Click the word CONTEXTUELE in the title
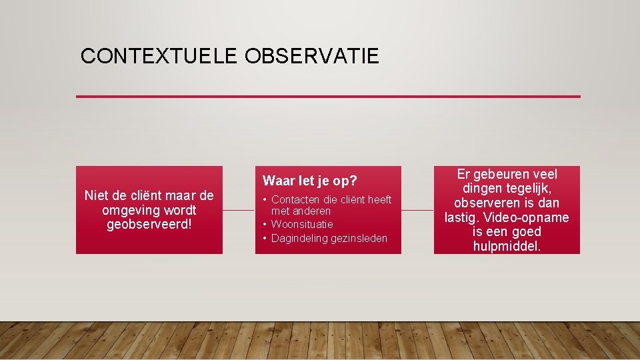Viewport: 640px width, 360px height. point(159,56)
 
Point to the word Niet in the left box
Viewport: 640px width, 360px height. point(97,195)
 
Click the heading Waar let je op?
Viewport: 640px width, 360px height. point(310,181)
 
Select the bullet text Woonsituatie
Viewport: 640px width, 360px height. point(302,224)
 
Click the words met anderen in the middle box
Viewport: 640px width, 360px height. point(301,211)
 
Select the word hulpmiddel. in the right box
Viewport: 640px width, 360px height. point(507,246)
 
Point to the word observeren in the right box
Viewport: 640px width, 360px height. point(486,203)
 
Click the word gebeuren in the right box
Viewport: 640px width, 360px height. point(498,174)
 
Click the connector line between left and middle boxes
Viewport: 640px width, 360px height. point(238,210)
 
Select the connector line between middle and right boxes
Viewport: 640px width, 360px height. point(417,210)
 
